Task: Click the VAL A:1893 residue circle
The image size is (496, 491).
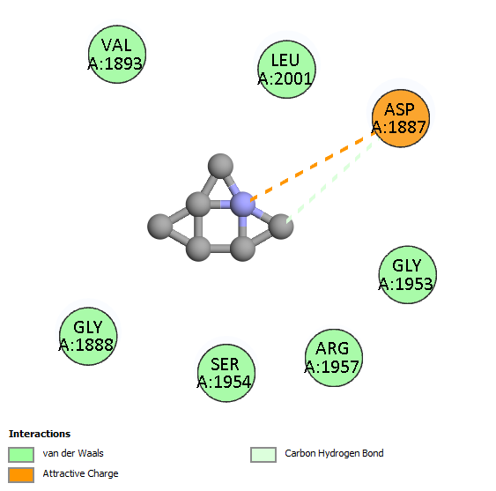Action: [117, 55]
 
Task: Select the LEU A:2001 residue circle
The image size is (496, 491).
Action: [286, 70]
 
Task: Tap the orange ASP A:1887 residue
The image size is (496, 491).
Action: [401, 118]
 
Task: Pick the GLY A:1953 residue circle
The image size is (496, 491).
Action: [408, 275]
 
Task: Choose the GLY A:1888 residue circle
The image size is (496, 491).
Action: [88, 336]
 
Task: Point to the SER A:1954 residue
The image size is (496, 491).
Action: [226, 373]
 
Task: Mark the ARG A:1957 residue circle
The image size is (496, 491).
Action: [334, 358]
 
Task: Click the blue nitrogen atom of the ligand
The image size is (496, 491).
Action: [242, 205]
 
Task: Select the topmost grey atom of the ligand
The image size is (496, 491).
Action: [220, 166]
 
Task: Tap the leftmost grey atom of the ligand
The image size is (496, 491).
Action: [160, 227]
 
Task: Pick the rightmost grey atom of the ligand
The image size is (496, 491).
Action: [281, 227]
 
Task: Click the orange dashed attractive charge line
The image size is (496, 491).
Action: [313, 167]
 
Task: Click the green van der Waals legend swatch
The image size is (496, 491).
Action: [21, 455]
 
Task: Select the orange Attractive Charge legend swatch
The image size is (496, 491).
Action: [21, 475]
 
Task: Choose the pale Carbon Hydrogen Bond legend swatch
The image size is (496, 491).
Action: [263, 455]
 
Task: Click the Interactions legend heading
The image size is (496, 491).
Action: [40, 434]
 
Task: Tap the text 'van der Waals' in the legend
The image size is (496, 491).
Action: [73, 453]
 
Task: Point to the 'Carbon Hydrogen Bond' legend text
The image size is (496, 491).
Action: [334, 453]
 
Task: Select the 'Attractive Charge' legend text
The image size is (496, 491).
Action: [81, 473]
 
